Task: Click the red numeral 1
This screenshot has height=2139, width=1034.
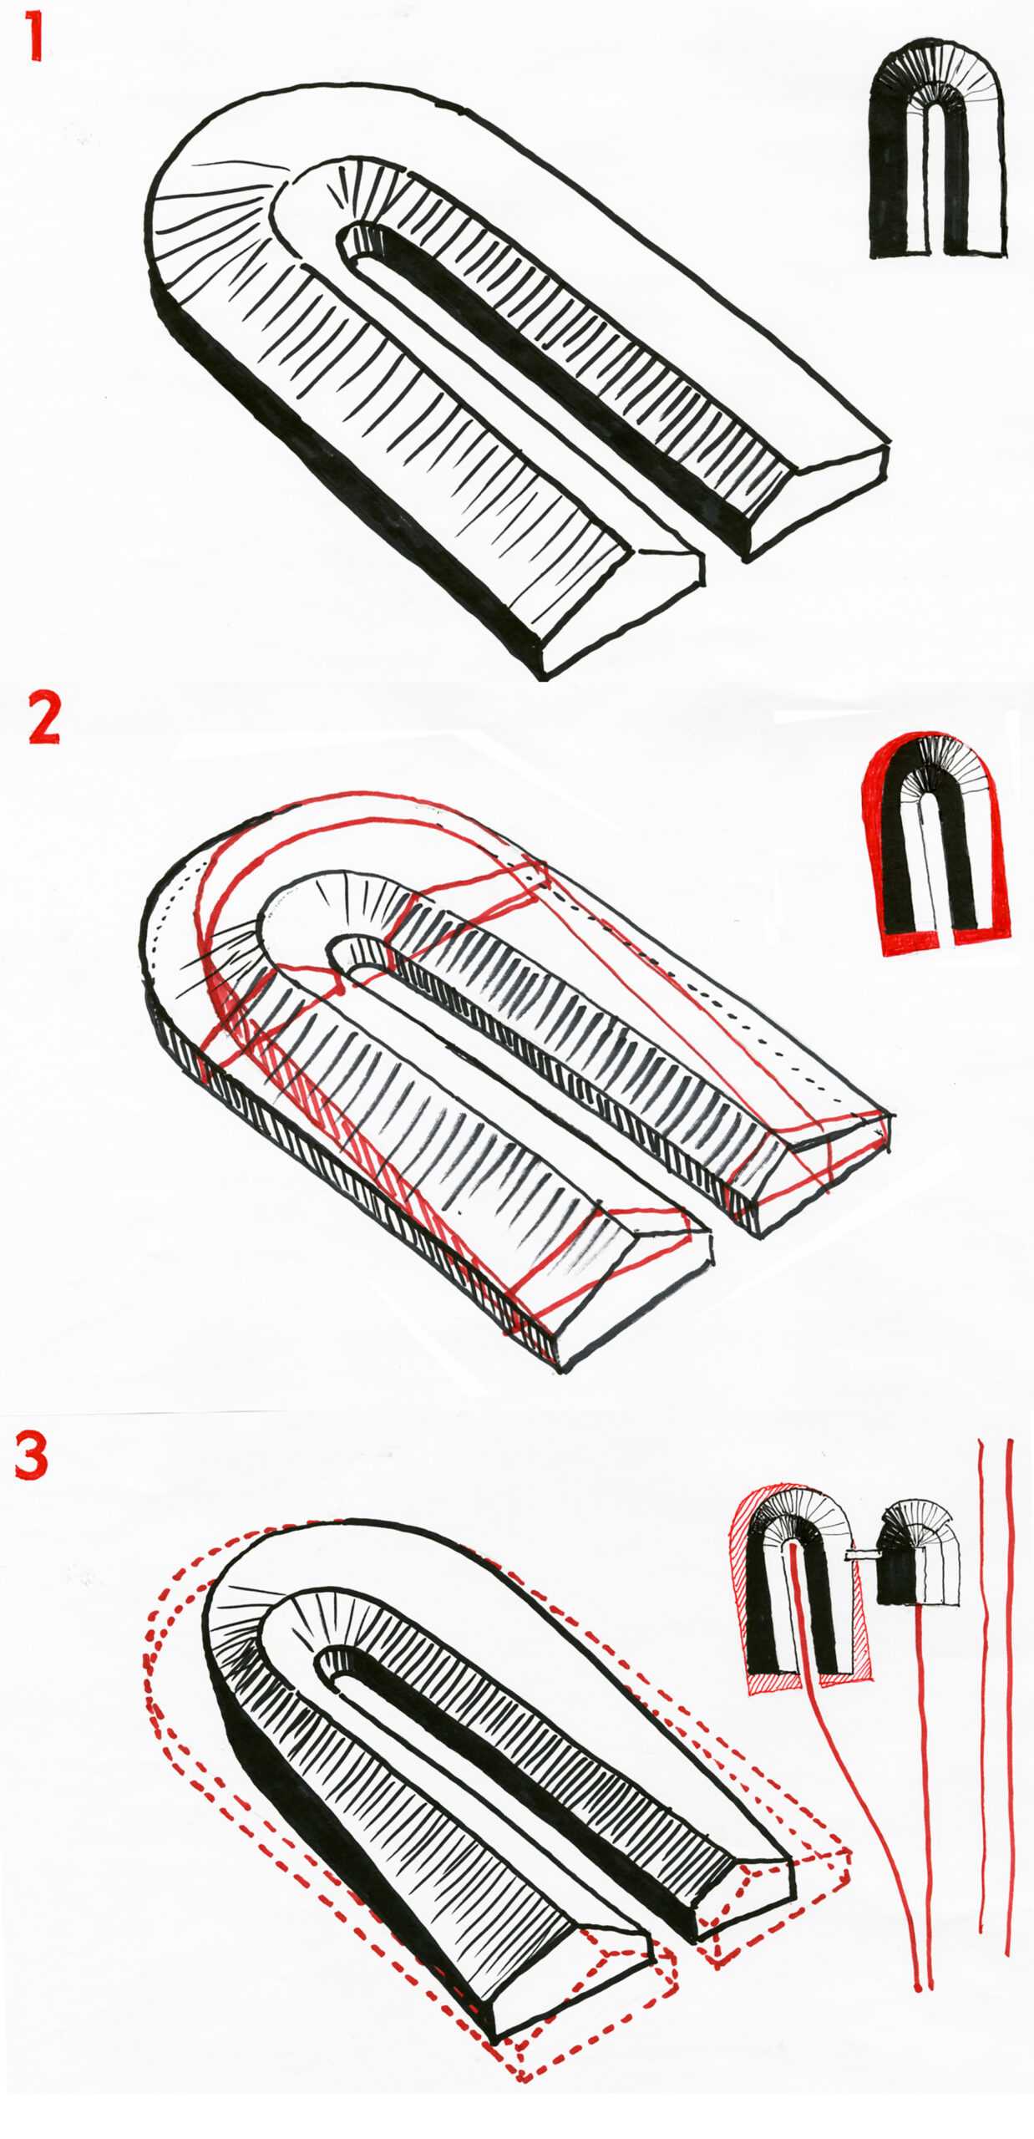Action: (x=33, y=37)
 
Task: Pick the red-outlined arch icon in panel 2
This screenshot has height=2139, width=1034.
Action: (x=935, y=844)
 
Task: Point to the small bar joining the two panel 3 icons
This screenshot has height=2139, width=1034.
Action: (x=860, y=1553)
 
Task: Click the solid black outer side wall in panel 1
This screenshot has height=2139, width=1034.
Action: (x=334, y=468)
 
